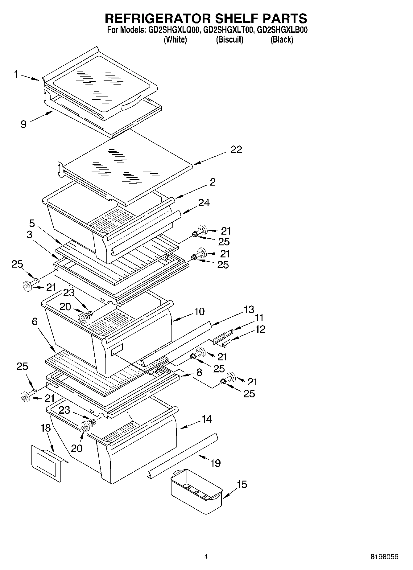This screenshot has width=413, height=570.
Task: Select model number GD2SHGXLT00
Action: coord(229,30)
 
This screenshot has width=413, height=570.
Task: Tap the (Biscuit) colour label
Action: coord(229,39)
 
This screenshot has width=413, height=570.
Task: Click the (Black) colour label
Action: coord(282,39)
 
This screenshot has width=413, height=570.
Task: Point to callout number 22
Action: coord(236,150)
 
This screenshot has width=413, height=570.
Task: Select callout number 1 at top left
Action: coord(16,74)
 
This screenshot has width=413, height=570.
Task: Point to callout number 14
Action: coord(206,419)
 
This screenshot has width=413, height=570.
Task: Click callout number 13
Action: coord(249,309)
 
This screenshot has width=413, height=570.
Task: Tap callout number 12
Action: coord(260,329)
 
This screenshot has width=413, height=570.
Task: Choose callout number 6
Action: coord(35,322)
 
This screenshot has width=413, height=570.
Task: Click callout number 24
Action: coord(204,203)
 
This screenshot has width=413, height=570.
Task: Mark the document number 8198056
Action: coord(384,557)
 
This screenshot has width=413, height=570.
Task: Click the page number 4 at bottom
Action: coord(206,556)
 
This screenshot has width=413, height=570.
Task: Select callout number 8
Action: coord(199,372)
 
